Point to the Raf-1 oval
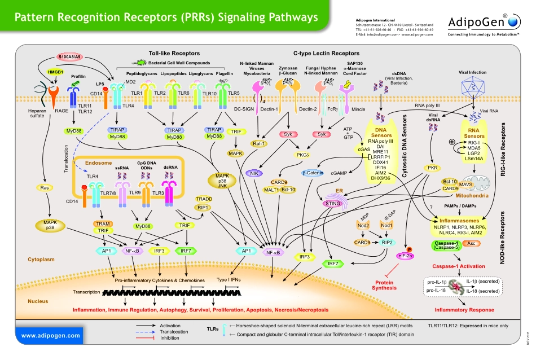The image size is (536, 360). point(259,143)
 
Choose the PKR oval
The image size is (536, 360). point(433,183)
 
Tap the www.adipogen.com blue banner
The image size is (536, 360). point(51,335)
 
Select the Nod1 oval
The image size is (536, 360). point(386,225)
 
